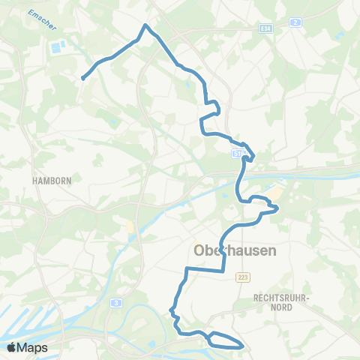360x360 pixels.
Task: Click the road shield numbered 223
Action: tap(241, 277)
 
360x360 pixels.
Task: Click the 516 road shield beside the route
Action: tap(236, 153)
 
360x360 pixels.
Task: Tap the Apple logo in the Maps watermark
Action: tap(11, 347)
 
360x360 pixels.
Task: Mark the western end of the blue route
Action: tap(82, 77)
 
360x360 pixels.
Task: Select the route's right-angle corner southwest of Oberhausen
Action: tap(186, 268)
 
